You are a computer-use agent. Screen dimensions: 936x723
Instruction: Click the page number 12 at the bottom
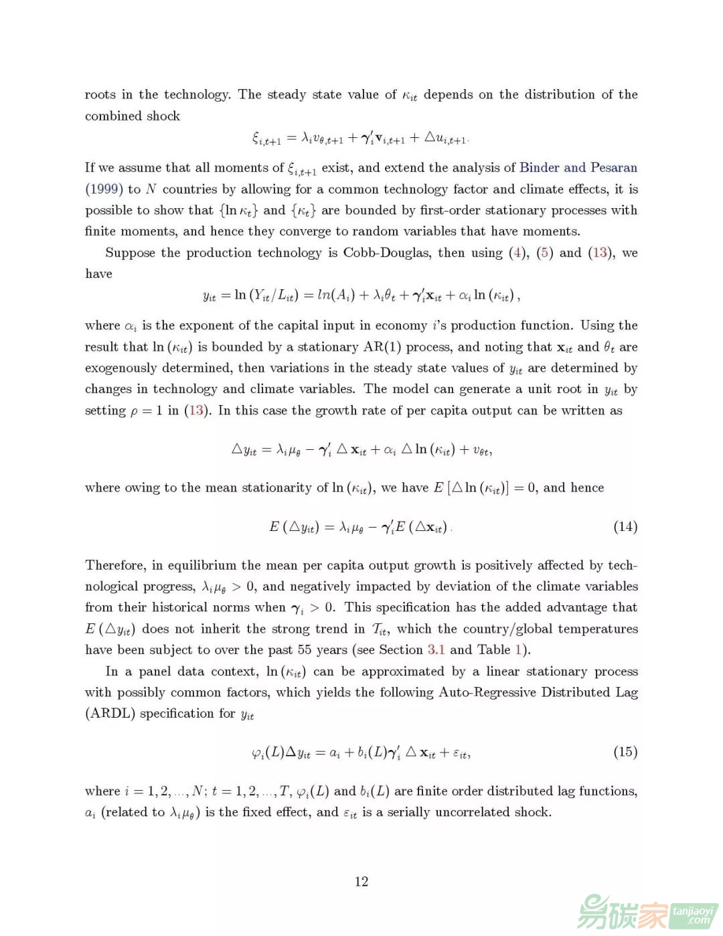point(361,881)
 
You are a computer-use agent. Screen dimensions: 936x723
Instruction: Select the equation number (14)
point(625,526)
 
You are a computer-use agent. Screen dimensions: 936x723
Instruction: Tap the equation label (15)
point(625,751)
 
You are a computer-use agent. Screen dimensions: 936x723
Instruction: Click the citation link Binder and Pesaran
point(578,167)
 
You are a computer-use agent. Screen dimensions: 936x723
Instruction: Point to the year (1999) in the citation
point(104,189)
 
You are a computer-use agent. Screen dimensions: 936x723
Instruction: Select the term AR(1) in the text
point(382,347)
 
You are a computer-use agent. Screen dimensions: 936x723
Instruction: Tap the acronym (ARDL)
point(110,713)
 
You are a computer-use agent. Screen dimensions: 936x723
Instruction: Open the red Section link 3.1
point(436,649)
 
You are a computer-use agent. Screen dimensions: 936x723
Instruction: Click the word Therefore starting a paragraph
point(116,564)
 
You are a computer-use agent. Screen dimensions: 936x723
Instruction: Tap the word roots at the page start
point(100,94)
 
